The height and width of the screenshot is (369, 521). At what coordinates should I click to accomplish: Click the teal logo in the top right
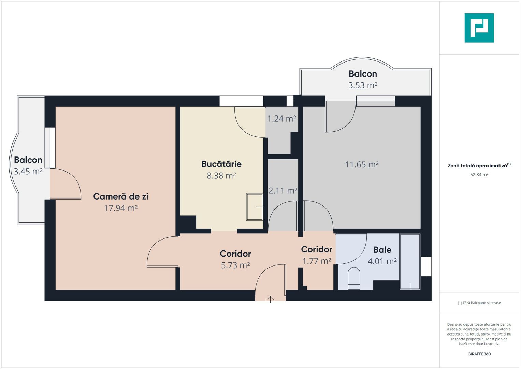coord(479,28)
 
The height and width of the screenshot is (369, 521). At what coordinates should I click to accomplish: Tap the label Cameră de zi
coord(120,196)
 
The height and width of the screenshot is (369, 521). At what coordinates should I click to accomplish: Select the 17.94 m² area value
coord(120,208)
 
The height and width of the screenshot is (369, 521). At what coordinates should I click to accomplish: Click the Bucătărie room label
coord(221,164)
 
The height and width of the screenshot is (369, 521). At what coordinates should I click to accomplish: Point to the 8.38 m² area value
coord(221,176)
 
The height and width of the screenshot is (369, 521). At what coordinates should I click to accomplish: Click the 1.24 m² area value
coord(281,119)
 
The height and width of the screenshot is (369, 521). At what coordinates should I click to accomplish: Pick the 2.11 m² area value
coord(283,191)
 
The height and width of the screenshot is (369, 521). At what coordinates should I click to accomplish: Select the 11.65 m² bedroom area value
coord(362,165)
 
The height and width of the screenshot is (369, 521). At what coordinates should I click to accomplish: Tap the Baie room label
coord(382,250)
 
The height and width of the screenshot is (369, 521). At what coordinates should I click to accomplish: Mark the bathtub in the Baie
coord(410,262)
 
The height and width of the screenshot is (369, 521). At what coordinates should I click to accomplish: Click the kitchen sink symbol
coord(255,207)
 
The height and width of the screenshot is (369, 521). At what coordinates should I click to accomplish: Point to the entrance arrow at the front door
coord(270,299)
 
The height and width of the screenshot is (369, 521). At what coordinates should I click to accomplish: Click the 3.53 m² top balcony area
coord(362,85)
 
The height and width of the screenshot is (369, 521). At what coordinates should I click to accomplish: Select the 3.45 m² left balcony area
coord(28,172)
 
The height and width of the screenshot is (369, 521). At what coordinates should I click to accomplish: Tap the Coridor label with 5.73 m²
coord(235,254)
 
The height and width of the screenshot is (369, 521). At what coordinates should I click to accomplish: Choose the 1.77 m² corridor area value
coord(316,261)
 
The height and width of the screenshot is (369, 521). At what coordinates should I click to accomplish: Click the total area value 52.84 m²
coord(479,175)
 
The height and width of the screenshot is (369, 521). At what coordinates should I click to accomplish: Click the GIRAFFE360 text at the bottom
coord(479,354)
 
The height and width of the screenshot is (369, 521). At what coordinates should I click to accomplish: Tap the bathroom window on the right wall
coord(426,266)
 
